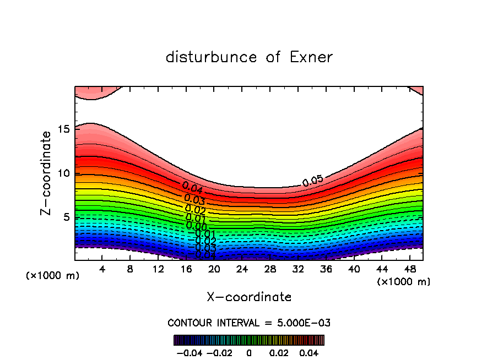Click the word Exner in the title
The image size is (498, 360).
point(311,57)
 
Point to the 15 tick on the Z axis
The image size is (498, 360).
point(64,129)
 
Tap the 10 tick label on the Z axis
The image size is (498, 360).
point(64,173)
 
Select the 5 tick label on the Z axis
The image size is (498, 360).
point(67,217)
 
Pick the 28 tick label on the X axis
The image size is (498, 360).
point(270,269)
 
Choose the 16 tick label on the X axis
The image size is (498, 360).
point(186,269)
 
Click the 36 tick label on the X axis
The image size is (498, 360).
point(326,269)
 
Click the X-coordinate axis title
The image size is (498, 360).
point(249,297)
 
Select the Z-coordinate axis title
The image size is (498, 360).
point(46,173)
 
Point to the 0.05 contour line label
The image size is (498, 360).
point(313,180)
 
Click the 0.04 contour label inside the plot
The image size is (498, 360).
point(193,188)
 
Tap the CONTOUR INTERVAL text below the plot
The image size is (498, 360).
point(249,323)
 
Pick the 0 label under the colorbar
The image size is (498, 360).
point(249,352)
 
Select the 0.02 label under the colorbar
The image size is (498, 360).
point(280,352)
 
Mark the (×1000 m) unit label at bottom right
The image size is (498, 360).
point(404,282)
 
